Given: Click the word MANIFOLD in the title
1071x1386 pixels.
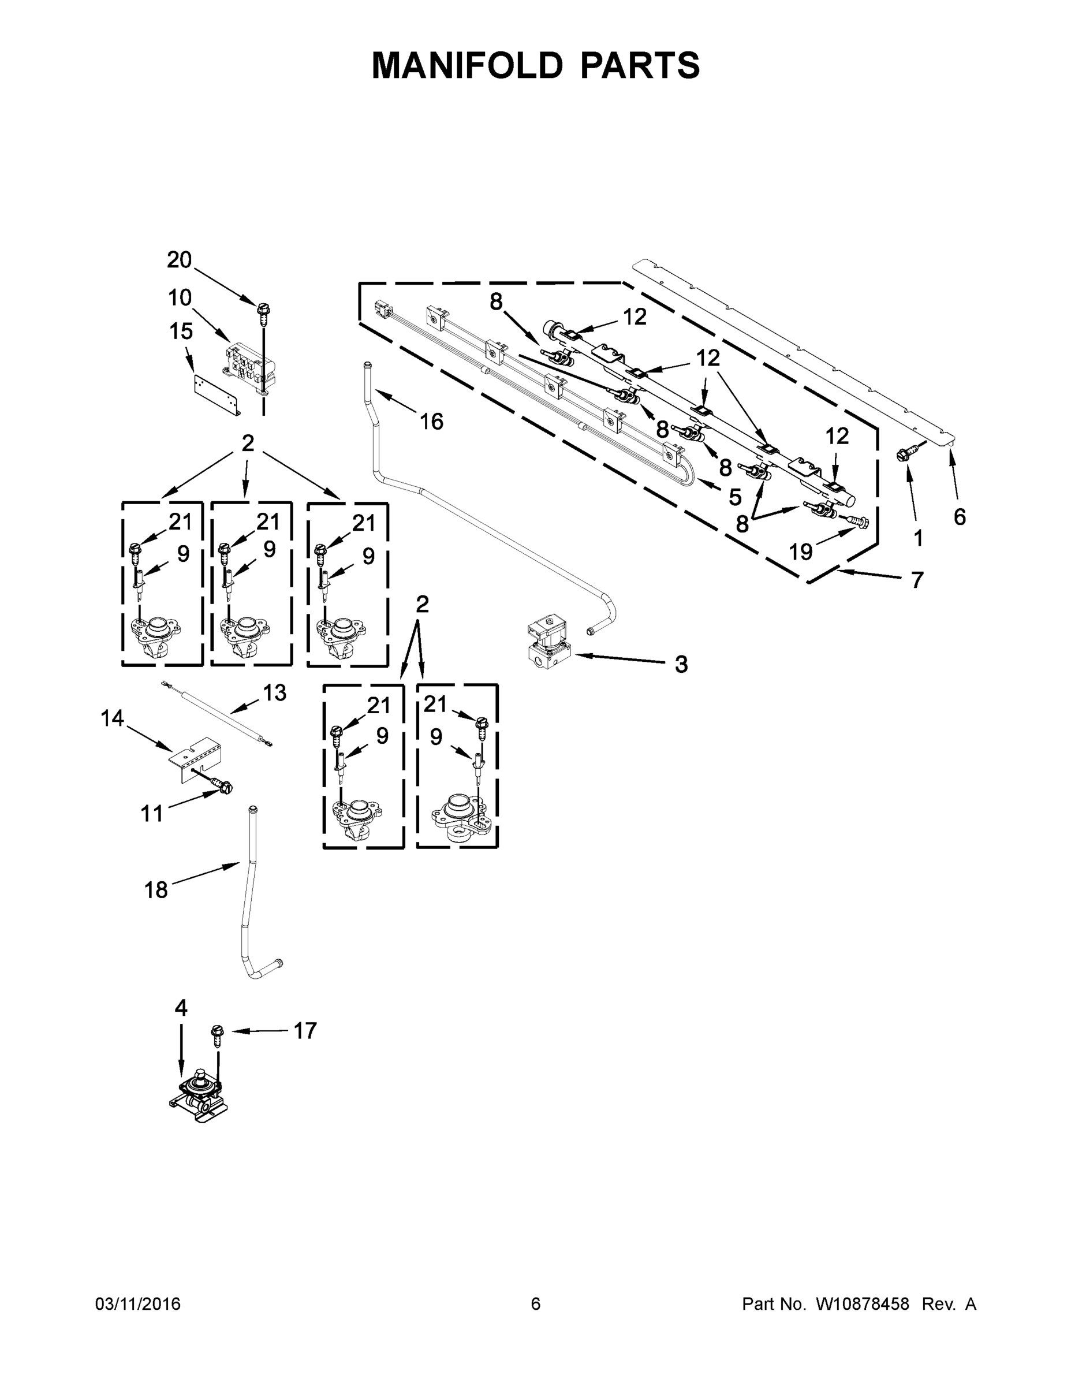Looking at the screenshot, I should (467, 65).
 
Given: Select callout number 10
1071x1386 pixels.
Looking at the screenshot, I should (180, 297).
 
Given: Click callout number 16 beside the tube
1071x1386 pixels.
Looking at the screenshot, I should (431, 422).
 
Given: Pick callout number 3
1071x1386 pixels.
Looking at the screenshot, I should (681, 665).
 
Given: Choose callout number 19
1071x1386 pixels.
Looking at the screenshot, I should (801, 552).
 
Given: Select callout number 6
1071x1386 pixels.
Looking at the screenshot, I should (960, 517).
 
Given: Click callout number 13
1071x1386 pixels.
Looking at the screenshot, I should (274, 692).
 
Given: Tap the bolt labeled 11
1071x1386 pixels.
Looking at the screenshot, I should (222, 787).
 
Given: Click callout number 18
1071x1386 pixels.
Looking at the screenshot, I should (156, 890).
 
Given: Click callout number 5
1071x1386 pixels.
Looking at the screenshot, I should (735, 497).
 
